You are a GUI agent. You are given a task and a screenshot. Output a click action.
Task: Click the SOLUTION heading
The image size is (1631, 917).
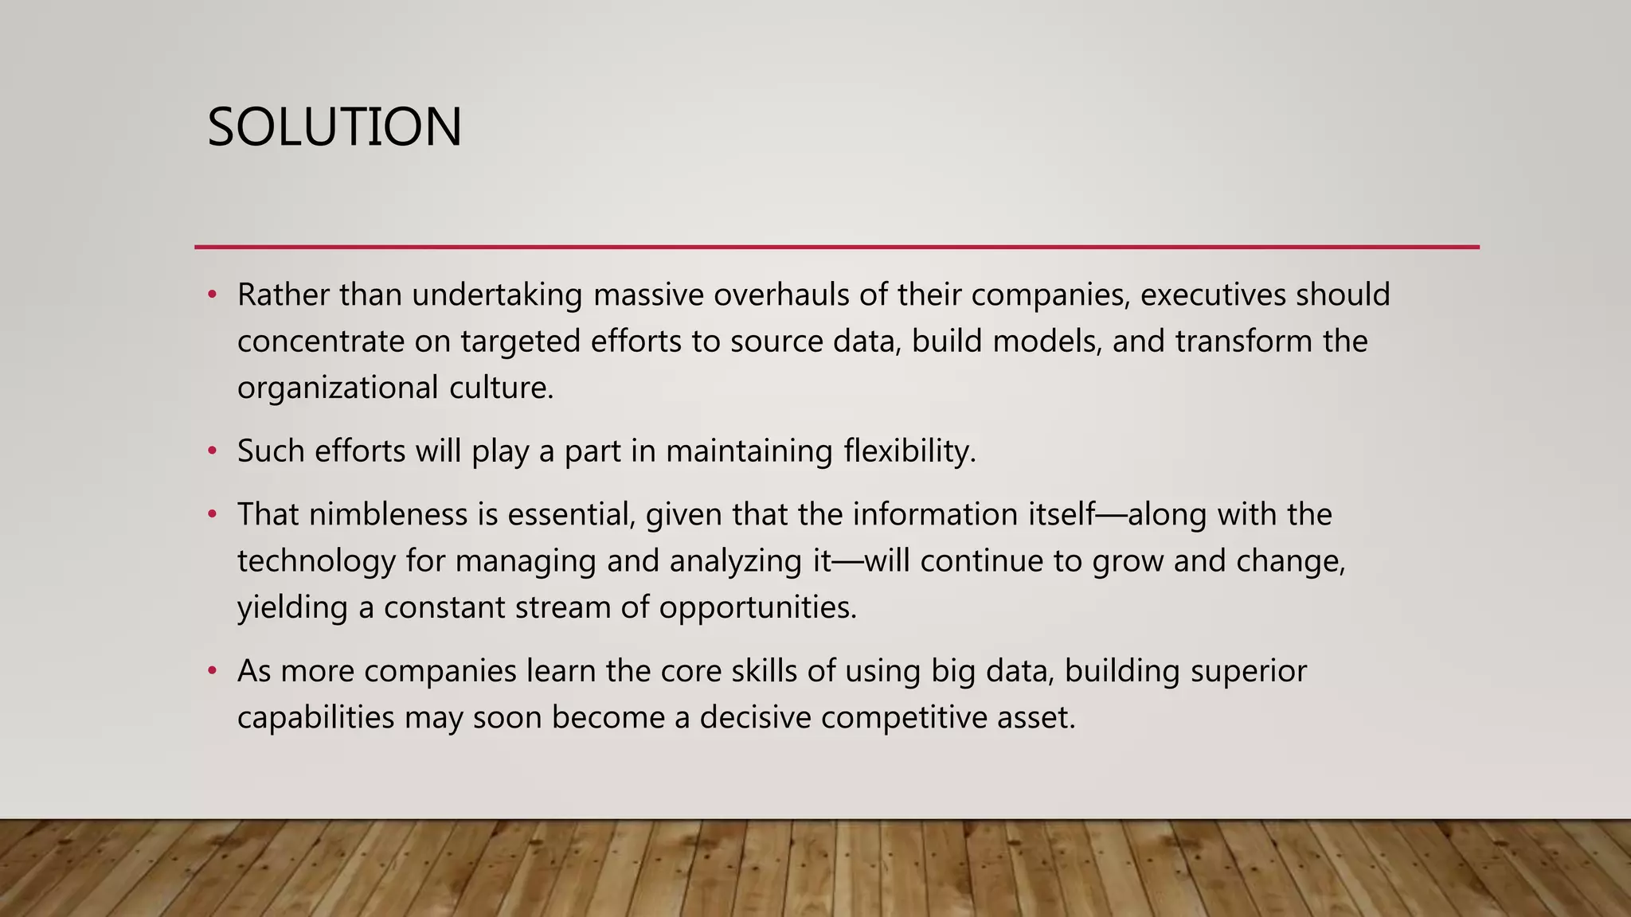click(334, 127)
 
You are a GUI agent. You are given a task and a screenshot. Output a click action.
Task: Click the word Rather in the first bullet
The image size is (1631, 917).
click(283, 295)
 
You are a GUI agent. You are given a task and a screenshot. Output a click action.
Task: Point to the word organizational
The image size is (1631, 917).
click(338, 388)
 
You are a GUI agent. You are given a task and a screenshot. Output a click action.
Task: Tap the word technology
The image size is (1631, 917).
click(316, 561)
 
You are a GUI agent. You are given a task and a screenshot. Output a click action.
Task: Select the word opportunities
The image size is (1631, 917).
click(757, 607)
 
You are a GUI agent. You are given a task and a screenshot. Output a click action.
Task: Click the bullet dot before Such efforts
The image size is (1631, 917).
click(212, 451)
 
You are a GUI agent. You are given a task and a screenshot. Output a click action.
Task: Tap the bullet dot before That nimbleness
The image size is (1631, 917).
click(212, 514)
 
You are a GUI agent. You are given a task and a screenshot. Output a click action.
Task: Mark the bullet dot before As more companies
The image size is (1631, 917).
click(212, 671)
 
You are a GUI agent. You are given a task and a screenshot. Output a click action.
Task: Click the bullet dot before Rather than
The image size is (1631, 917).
click(212, 295)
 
